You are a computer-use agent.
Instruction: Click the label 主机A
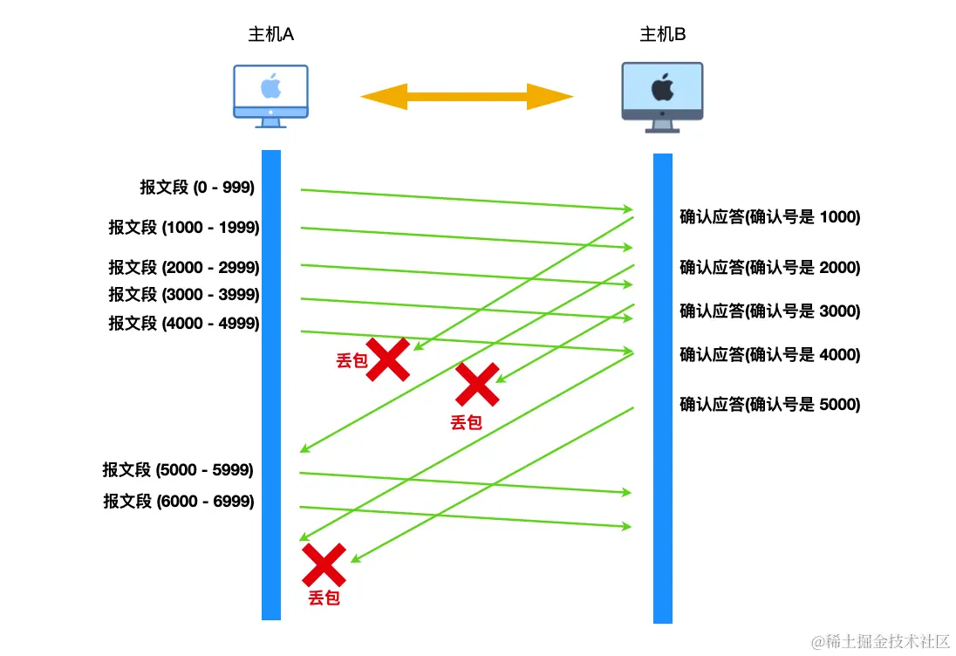270,35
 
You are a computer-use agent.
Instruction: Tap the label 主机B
663,35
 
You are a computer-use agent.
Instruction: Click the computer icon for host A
270,95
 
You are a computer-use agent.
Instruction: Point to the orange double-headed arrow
467,96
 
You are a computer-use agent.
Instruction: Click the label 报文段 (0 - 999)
197,187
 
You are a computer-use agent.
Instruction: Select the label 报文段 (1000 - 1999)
184,228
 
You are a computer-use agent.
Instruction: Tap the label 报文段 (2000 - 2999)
184,267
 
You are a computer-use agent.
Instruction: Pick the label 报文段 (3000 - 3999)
184,295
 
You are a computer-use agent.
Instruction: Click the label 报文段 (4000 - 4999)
184,324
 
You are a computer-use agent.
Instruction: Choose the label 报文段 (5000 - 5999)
178,470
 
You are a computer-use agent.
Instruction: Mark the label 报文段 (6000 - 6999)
179,502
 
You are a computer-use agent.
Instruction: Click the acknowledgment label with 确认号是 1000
770,217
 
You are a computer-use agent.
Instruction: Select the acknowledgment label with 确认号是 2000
770,268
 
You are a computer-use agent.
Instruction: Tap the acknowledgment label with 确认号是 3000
770,311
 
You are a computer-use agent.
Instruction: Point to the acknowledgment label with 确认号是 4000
770,355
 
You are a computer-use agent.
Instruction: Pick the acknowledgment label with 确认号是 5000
770,405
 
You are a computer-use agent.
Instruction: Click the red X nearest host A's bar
324,564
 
